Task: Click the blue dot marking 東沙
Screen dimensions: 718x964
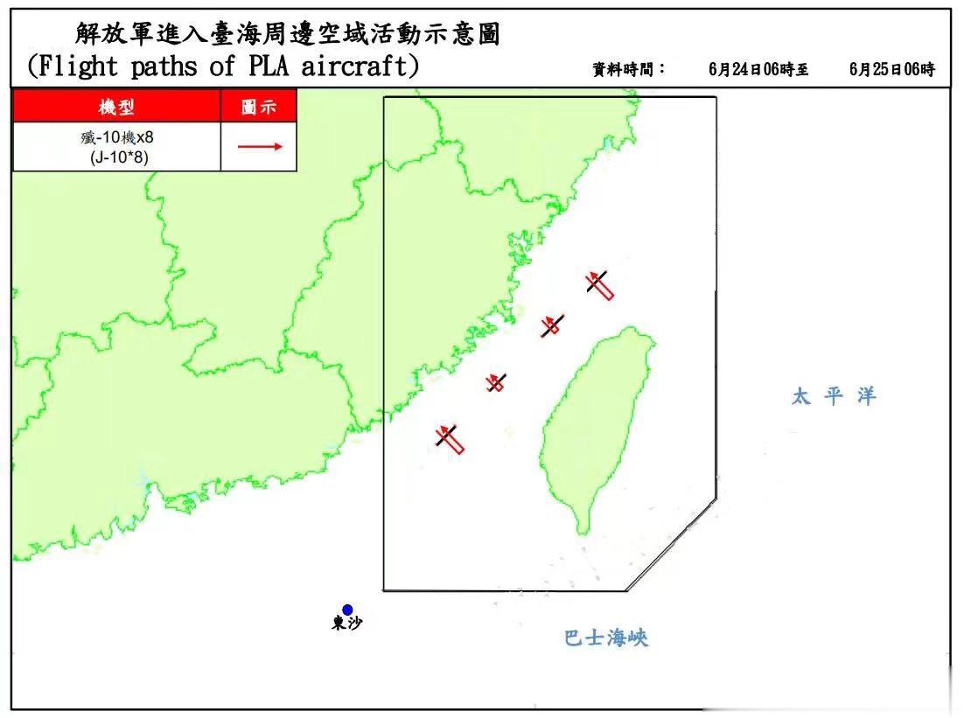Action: [347, 610]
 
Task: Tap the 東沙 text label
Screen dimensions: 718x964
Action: [346, 624]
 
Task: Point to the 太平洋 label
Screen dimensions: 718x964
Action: [833, 396]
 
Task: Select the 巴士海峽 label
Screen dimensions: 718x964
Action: [606, 638]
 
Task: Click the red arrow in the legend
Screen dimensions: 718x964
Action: [260, 146]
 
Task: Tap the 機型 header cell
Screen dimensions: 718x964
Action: [116, 107]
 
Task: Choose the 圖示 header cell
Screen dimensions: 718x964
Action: [259, 107]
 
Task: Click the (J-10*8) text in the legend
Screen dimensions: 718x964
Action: [115, 157]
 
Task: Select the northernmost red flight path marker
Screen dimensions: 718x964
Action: [599, 283]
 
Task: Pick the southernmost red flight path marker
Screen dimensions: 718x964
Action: [451, 437]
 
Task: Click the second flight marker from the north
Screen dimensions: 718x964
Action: [551, 324]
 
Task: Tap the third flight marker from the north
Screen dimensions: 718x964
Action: [496, 382]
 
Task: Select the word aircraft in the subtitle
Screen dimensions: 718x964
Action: [359, 67]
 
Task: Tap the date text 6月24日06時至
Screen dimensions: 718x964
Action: [758, 70]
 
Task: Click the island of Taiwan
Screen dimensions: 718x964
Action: [595, 420]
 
